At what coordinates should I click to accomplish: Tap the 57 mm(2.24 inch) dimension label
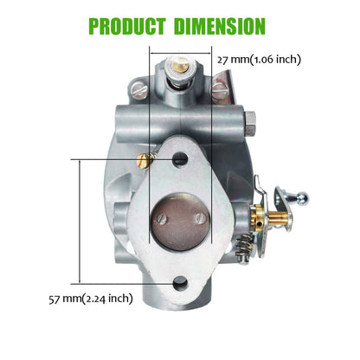pyautogui.click(x=90, y=299)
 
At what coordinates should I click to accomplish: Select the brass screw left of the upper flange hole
pyautogui.click(x=147, y=157)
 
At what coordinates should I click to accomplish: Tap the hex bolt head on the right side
pyautogui.click(x=244, y=114)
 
